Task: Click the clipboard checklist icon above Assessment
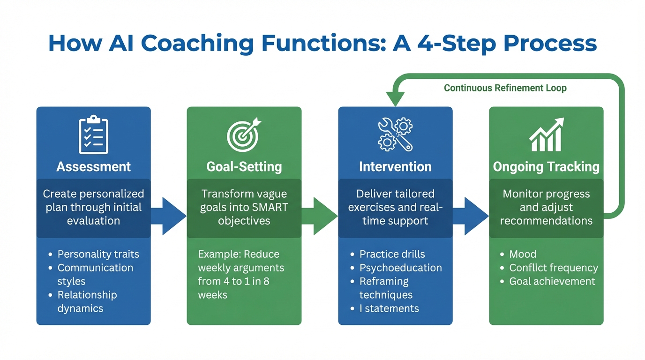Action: (94, 135)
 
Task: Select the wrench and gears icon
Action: (395, 135)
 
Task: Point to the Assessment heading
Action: (94, 167)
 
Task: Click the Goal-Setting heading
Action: (244, 167)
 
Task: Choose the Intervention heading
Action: (395, 167)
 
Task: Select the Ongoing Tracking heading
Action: (546, 167)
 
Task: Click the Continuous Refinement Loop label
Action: (505, 88)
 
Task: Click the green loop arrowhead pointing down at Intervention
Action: (395, 99)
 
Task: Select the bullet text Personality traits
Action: (98, 255)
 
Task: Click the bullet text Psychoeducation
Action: (400, 268)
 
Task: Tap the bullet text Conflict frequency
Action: (554, 268)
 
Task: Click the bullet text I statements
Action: (389, 308)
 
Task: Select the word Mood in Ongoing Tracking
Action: (523, 255)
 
